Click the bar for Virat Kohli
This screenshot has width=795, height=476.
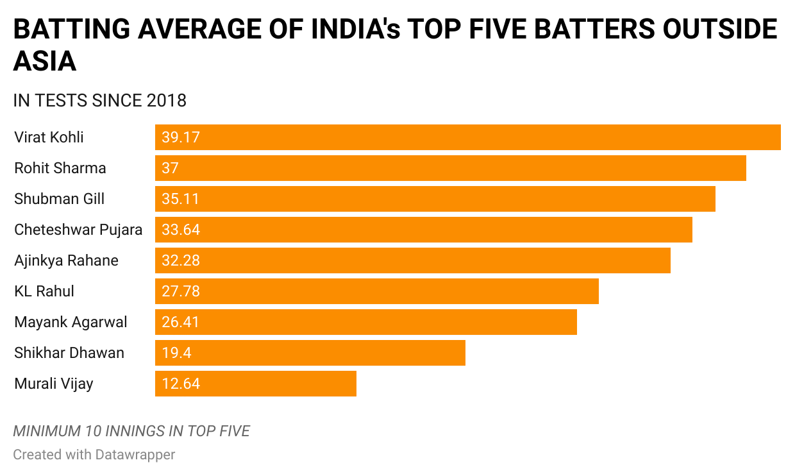468,137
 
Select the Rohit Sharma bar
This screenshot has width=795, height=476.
451,168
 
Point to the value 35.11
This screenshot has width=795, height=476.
180,199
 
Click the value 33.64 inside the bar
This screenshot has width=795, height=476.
181,230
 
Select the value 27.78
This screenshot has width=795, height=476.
181,291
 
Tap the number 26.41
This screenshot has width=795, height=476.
180,322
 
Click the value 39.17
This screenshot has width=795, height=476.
181,137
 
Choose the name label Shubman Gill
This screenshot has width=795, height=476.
59,199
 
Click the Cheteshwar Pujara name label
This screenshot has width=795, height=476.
78,230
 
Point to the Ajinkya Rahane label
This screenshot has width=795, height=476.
66,260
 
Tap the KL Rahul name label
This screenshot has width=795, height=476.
44,291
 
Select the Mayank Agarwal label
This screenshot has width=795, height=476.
71,322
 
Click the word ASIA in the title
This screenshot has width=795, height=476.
45,62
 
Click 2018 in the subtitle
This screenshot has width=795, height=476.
167,101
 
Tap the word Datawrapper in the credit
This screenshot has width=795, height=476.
135,455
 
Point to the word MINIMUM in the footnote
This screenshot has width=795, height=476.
47,430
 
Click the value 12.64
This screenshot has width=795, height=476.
181,384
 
